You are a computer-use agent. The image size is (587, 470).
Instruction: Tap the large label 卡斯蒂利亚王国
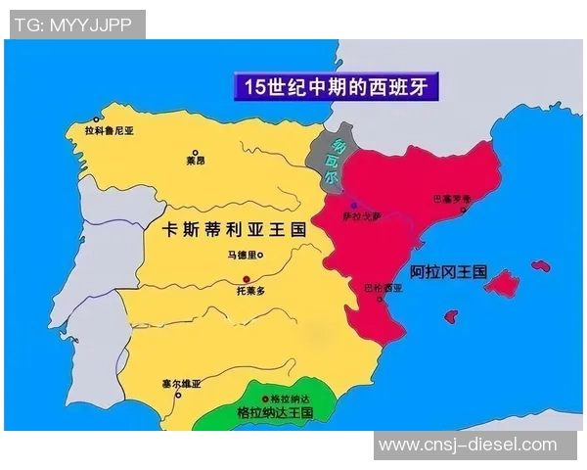[x=233, y=229]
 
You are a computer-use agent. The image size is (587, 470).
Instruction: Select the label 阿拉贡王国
[x=448, y=272]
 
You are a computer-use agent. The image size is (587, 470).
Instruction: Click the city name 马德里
[x=240, y=256]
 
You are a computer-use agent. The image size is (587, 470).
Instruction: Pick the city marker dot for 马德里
[x=260, y=255]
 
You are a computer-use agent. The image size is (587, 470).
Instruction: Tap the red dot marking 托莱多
[x=247, y=279]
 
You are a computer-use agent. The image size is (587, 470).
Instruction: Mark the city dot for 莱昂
[x=195, y=153]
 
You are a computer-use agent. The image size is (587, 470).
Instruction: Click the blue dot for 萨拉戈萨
[x=353, y=205]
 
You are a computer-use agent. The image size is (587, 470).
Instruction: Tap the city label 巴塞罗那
[x=451, y=198]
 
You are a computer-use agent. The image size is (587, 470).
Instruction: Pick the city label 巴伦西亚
[x=383, y=288]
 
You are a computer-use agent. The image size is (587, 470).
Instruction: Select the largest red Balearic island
[x=501, y=284]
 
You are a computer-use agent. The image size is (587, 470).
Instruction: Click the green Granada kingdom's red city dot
[x=266, y=399]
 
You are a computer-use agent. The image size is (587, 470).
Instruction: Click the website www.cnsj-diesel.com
[x=468, y=445]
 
